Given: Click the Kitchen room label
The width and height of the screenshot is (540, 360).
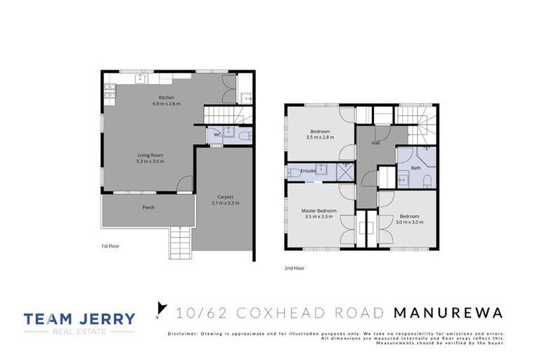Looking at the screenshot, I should pyautogui.click(x=167, y=97).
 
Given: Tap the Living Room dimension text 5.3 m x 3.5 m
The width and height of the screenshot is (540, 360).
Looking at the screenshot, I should pyautogui.click(x=150, y=161).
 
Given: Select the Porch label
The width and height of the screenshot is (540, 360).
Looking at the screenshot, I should pyautogui.click(x=148, y=207).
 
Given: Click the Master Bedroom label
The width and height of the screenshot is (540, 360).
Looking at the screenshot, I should pyautogui.click(x=319, y=211).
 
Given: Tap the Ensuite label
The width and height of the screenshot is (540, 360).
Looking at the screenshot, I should pyautogui.click(x=308, y=170).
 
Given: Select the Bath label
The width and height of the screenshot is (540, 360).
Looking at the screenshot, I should pyautogui.click(x=416, y=167).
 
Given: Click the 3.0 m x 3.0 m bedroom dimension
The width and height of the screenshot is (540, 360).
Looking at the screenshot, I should pyautogui.click(x=409, y=222).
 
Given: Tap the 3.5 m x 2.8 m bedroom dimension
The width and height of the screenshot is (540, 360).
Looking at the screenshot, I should pyautogui.click(x=321, y=138).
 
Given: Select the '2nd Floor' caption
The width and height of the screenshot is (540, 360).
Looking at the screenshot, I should pyautogui.click(x=295, y=268).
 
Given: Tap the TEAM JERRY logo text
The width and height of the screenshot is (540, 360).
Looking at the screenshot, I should pyautogui.click(x=79, y=319).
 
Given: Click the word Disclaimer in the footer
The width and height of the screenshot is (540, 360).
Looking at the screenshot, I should pyautogui.click(x=184, y=333).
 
